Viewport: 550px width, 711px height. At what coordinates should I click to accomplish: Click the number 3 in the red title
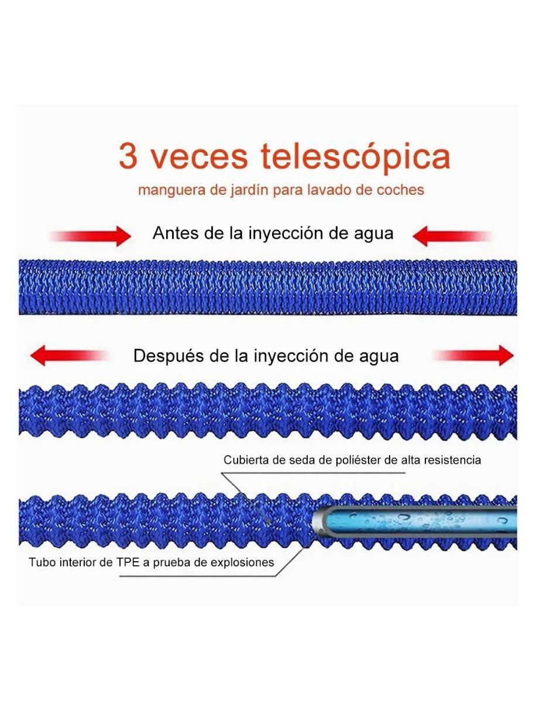(128, 156)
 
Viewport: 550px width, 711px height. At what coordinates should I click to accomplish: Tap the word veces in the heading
(198, 158)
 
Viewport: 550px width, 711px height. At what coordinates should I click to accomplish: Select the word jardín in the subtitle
(250, 190)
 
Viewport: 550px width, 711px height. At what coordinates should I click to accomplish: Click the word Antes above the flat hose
(176, 233)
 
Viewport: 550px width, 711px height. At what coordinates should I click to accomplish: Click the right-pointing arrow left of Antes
(91, 236)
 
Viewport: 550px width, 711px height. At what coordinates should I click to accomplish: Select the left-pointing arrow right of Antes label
(452, 236)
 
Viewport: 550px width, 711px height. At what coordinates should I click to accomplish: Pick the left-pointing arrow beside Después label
(69, 355)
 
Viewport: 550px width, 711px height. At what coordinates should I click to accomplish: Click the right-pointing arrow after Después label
(474, 355)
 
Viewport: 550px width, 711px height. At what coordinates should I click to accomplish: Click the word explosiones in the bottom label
(242, 563)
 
